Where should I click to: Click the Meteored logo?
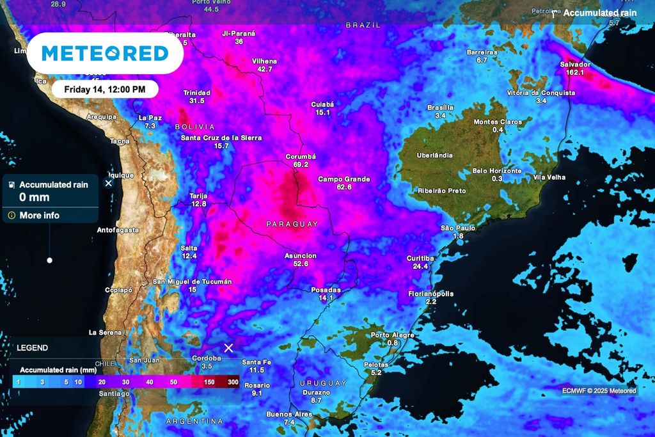pos(105,54)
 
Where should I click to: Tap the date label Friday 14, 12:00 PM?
pos(105,89)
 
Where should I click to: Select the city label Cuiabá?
pos(322,104)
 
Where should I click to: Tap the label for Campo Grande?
pos(343,179)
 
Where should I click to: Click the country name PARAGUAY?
pos(292,224)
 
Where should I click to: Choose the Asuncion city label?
pos(301,255)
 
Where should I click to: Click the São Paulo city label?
pos(458,228)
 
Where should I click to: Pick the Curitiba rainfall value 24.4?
pos(420,266)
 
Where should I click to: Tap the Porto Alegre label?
pos(392,335)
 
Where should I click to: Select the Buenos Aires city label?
pos(289,414)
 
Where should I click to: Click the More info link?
pos(39,216)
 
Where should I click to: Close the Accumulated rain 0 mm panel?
pos(108,183)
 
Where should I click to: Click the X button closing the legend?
pos(228,348)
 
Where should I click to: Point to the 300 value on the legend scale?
pos(233,381)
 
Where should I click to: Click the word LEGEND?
pos(32,348)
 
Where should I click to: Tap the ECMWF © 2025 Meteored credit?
pos(599,391)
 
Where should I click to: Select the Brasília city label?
pos(440,107)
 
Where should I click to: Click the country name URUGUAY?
pos(323,383)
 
